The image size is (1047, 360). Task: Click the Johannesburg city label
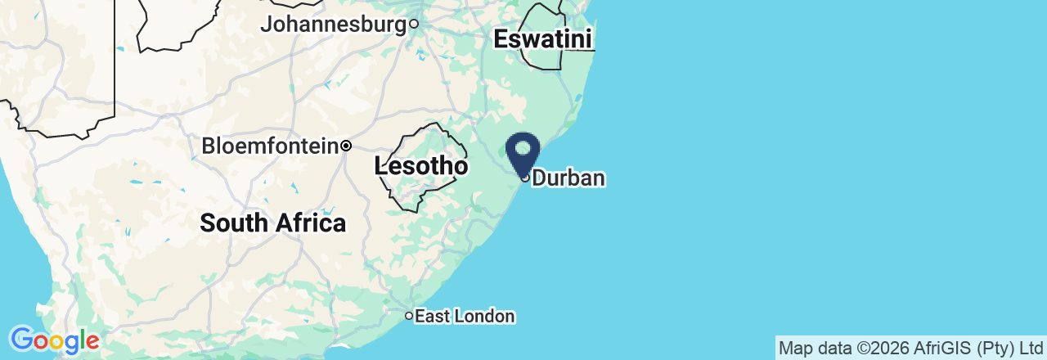click(x=333, y=25)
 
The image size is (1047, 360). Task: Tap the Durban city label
click(x=569, y=178)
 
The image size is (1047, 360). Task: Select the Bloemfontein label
click(x=270, y=146)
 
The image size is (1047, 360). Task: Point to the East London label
click(x=465, y=317)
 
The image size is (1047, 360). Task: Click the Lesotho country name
click(x=421, y=166)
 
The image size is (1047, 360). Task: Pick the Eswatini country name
click(x=543, y=39)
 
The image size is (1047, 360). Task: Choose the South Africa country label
click(x=272, y=223)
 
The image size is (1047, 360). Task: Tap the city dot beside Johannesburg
click(x=414, y=24)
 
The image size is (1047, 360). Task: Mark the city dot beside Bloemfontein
click(x=346, y=146)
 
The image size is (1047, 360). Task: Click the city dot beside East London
click(x=409, y=316)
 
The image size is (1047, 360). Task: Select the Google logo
click(x=54, y=340)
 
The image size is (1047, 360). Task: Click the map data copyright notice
click(x=910, y=349)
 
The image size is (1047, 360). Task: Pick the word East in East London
click(x=431, y=317)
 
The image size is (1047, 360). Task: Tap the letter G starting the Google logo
click(x=20, y=339)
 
